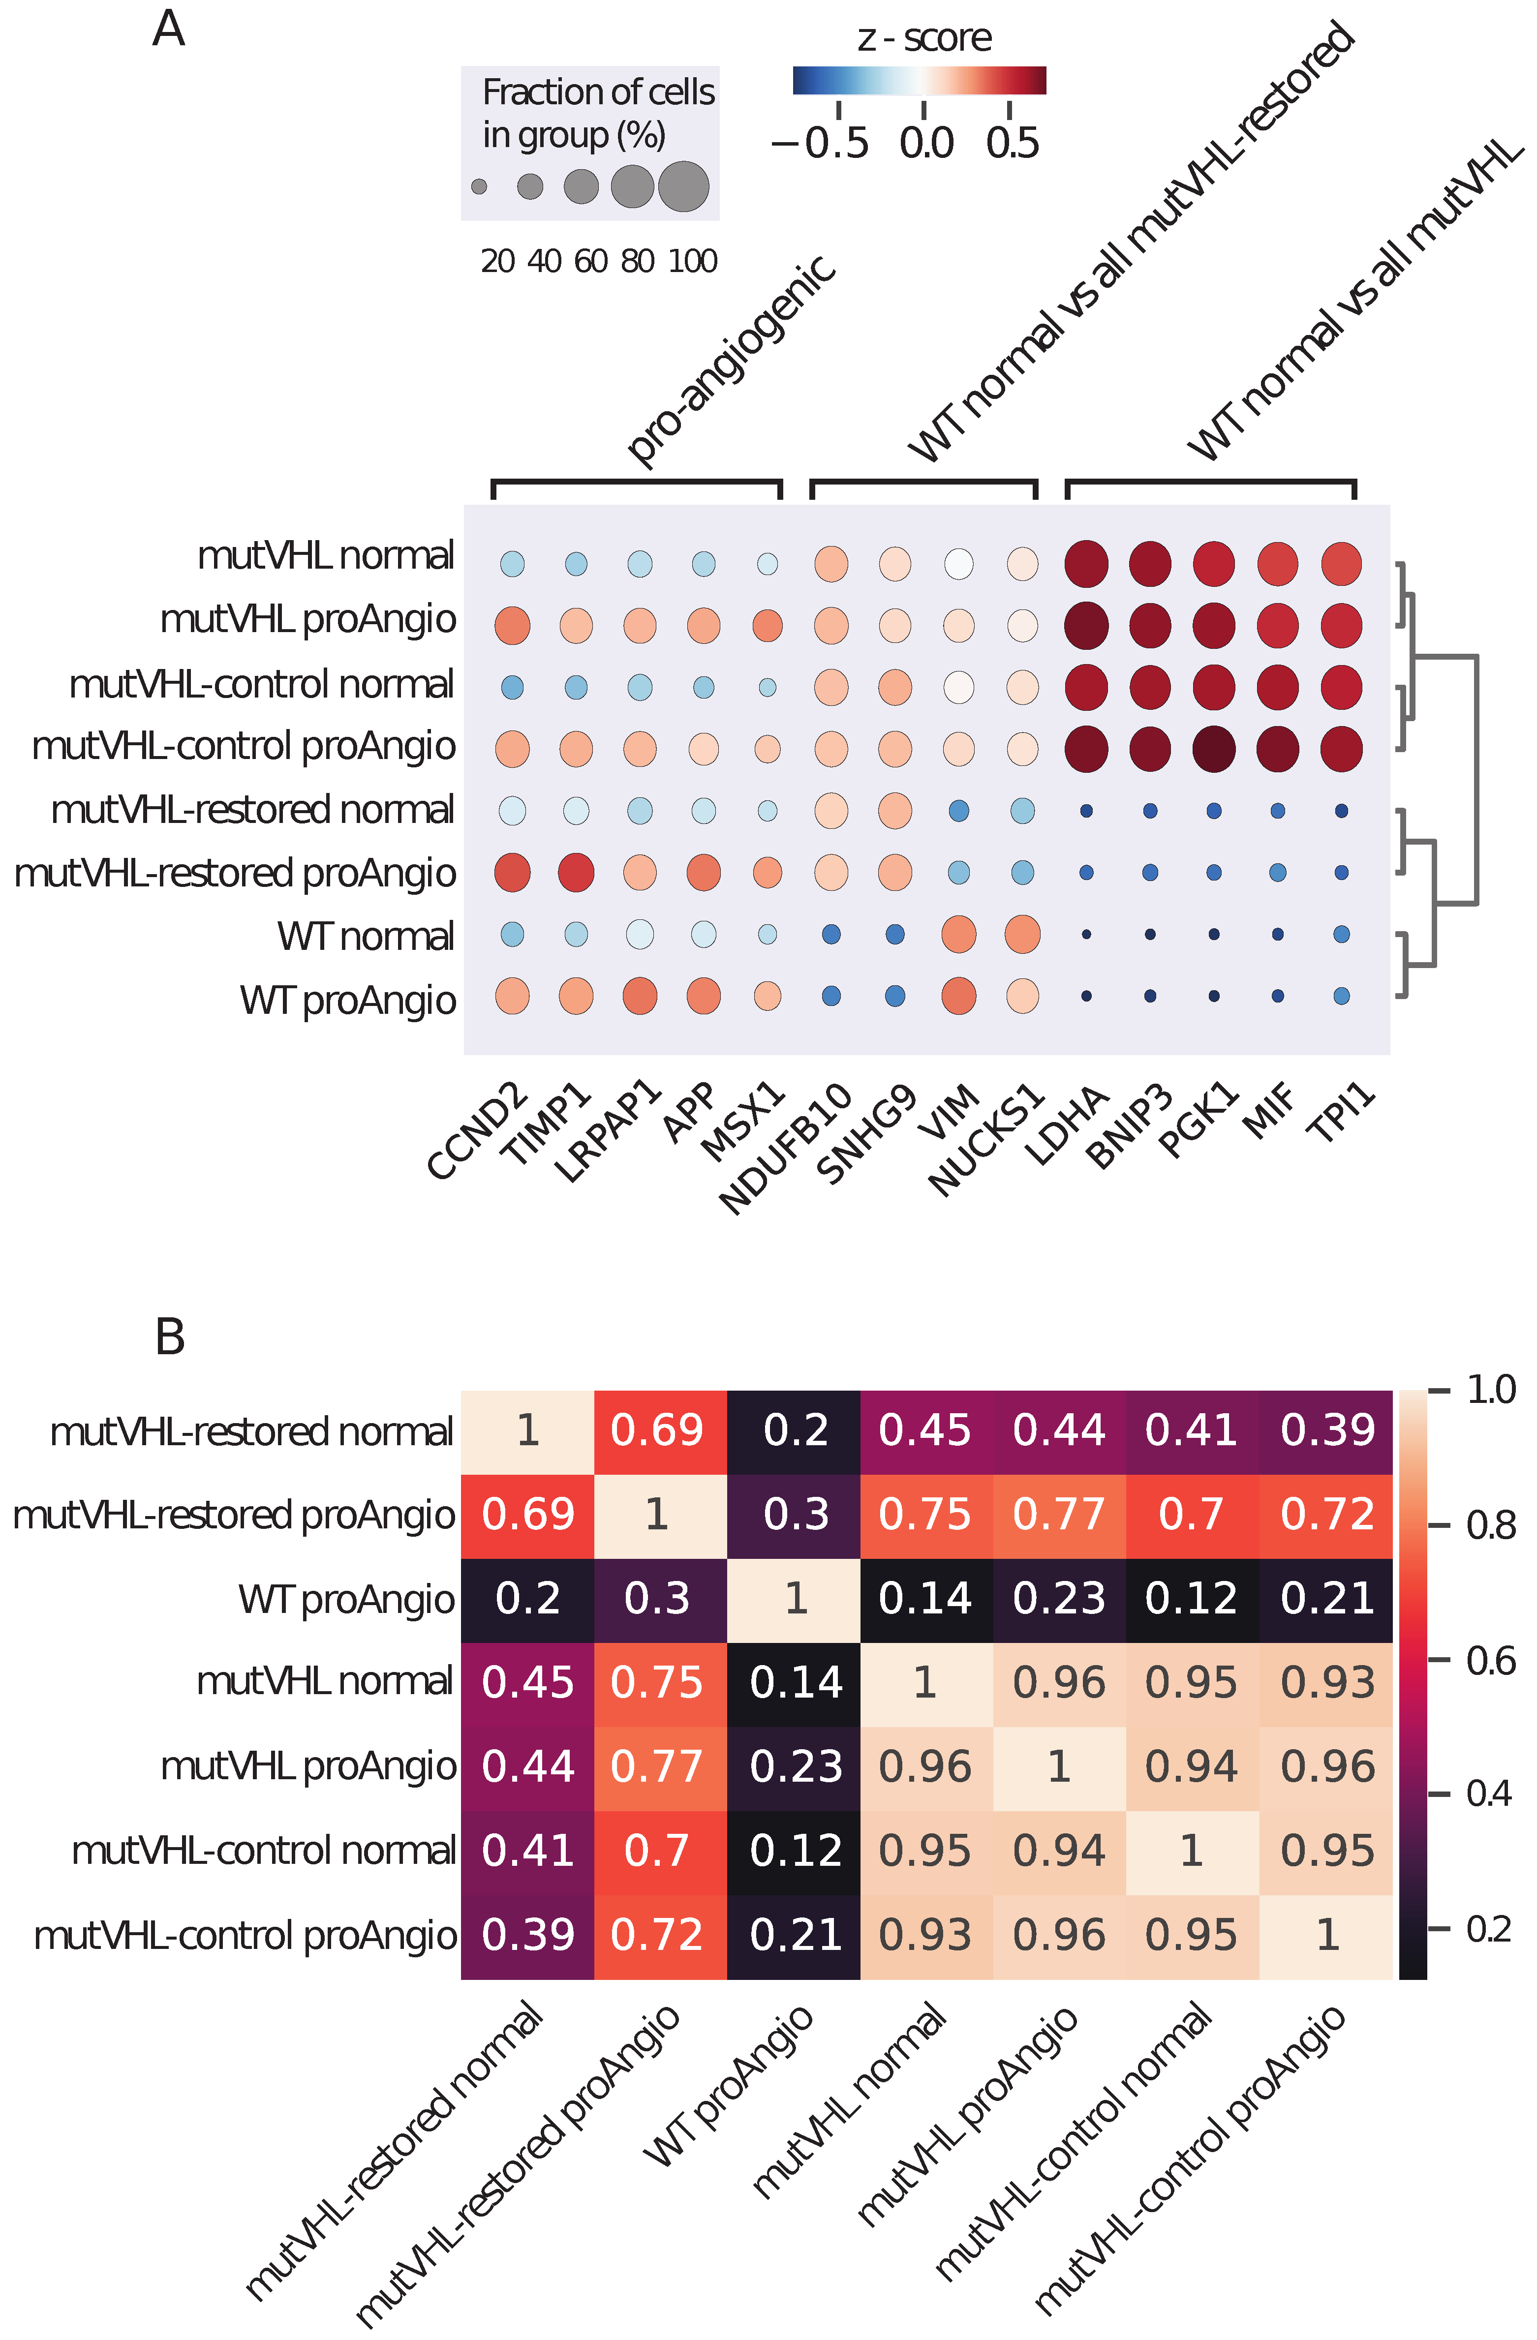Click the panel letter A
click(168, 30)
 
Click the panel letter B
click(170, 1337)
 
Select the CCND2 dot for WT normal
click(512, 934)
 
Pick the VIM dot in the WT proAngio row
click(959, 996)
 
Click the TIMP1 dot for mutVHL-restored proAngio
click(576, 872)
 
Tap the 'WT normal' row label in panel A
click(366, 936)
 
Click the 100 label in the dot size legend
click(693, 262)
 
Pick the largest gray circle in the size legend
click(683, 187)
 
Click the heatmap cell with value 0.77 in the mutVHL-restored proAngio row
click(1059, 1515)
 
